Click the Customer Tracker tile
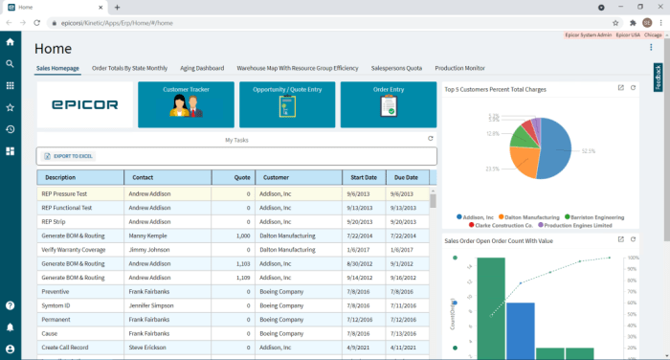186,104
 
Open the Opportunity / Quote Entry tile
287,104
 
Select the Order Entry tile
388,104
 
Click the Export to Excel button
69,156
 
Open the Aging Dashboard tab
202,69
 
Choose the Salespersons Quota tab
396,69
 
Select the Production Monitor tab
459,69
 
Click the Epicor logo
84,104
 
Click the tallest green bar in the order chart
491,306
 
